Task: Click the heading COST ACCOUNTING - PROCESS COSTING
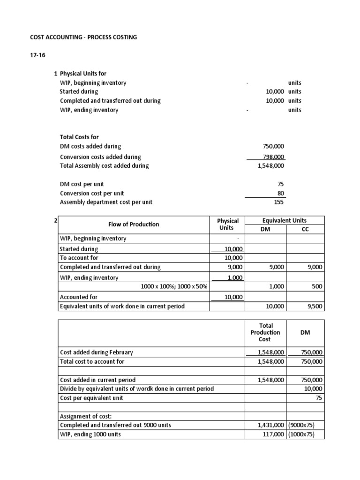click(x=83, y=37)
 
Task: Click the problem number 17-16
click(x=37, y=55)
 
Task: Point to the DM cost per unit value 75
click(x=281, y=184)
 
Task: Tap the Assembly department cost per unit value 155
click(x=279, y=202)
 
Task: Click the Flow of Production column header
click(x=134, y=224)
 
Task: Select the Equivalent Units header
click(x=285, y=220)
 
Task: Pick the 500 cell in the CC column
click(x=317, y=286)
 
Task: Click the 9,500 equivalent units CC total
click(x=314, y=306)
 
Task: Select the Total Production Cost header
click(x=265, y=332)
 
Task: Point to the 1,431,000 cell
click(x=271, y=425)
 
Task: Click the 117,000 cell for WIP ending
click(x=273, y=434)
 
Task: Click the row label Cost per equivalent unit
click(x=91, y=398)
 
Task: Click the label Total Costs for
click(x=79, y=137)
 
